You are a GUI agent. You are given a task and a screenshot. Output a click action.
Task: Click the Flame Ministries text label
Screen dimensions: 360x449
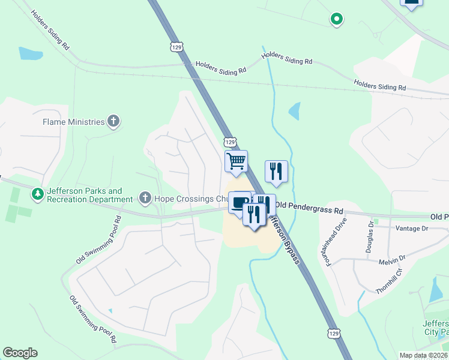(x=73, y=122)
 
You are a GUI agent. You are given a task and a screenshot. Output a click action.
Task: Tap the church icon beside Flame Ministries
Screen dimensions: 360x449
(x=113, y=122)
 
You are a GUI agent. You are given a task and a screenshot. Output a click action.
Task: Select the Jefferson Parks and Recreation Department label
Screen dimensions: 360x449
(x=89, y=195)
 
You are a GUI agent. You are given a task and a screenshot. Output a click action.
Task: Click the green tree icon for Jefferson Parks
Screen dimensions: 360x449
(x=37, y=194)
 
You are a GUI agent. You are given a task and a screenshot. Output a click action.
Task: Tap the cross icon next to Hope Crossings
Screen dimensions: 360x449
(x=145, y=197)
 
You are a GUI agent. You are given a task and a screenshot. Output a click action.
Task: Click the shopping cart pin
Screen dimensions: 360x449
(x=236, y=161)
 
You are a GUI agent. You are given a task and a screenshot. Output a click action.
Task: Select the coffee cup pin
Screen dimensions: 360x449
(x=239, y=202)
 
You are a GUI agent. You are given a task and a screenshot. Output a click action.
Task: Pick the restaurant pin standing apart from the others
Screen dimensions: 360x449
(x=276, y=171)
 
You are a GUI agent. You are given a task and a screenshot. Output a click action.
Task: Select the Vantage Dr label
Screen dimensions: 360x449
(x=412, y=229)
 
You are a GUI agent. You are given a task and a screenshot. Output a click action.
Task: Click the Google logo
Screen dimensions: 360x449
(x=20, y=353)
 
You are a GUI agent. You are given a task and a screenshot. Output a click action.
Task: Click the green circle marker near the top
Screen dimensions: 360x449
(x=337, y=20)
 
